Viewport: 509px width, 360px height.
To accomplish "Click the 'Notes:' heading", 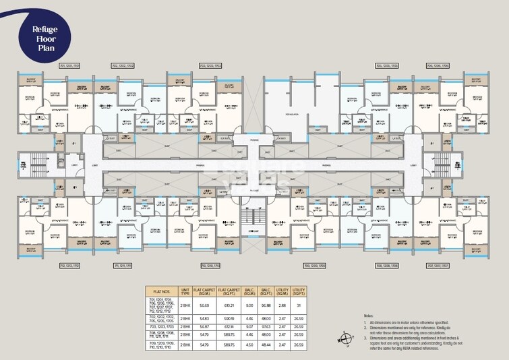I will (368, 316).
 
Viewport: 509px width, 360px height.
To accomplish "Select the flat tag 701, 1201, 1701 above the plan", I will (70, 65).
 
